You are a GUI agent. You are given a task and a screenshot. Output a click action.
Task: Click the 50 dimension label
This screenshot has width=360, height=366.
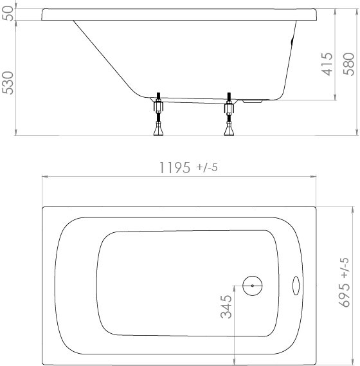click(x=8, y=14)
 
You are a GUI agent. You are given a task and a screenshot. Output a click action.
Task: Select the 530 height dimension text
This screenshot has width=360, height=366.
click(x=8, y=83)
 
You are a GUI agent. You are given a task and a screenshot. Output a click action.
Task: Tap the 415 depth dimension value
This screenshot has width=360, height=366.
click(x=327, y=64)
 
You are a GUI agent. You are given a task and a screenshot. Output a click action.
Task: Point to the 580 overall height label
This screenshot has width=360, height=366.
click(x=348, y=64)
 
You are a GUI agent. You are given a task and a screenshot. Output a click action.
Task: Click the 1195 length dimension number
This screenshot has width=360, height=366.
click(x=174, y=168)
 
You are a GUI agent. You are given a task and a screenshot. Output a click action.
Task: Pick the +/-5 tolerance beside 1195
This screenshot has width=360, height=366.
click(x=207, y=167)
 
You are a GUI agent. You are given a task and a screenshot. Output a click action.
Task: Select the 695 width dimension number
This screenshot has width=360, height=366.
click(x=344, y=295)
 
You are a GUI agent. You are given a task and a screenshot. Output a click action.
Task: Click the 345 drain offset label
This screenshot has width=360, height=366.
click(x=226, y=307)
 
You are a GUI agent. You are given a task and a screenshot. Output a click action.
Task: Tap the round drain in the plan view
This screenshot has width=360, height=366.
click(x=252, y=286)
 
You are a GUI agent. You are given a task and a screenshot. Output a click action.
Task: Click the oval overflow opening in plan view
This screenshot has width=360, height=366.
click(x=296, y=286)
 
